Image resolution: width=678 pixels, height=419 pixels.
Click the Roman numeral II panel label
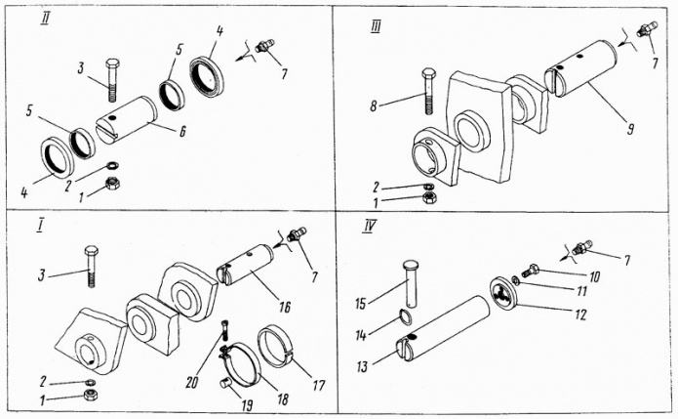coord(45,20)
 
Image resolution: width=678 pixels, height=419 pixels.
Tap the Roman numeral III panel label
coord(376,27)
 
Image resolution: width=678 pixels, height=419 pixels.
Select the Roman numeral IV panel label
coord(369,226)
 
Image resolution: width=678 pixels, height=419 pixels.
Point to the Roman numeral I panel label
coord(40,227)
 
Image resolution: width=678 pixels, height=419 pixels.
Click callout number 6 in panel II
coord(182,131)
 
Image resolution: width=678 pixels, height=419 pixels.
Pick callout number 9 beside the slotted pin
coord(631,129)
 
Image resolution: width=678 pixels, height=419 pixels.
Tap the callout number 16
coord(285,307)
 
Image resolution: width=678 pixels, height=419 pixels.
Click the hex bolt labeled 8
coord(428,91)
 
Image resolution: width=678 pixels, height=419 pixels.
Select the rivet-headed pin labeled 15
coord(411,283)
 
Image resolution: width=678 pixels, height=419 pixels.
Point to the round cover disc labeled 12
coord(503,293)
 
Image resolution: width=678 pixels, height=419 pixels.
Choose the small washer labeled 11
coord(515,281)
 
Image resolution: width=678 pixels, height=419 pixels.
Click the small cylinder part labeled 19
coord(225,383)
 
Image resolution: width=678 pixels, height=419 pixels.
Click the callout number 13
coord(362,367)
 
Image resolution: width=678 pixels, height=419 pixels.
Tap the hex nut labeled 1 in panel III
coord(429,198)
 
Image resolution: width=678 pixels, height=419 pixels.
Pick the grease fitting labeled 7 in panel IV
coord(582,248)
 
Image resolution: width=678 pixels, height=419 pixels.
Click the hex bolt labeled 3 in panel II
coord(111,80)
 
